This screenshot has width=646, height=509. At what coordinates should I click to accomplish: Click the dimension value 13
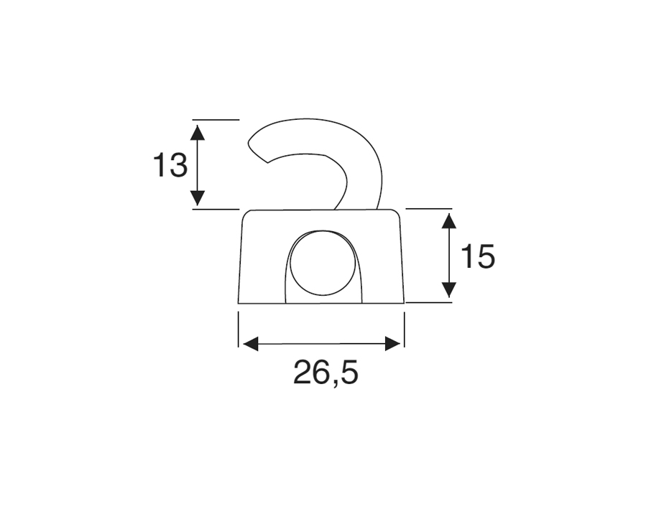point(170,166)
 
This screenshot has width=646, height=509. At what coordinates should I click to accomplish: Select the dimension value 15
point(477,256)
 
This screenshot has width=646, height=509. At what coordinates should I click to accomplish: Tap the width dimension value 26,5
point(325,373)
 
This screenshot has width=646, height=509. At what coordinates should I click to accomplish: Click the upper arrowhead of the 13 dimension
point(198,131)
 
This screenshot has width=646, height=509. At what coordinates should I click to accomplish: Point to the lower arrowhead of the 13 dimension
point(198,199)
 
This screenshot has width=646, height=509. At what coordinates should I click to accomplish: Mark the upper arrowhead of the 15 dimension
point(448,220)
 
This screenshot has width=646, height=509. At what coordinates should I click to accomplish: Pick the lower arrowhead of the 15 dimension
point(448,289)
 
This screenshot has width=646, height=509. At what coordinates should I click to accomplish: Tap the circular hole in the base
point(323,262)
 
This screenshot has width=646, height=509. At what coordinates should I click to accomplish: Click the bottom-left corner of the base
point(239,302)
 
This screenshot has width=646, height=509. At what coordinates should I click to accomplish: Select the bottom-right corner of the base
point(404,302)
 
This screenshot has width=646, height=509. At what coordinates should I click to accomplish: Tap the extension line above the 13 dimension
point(216,119)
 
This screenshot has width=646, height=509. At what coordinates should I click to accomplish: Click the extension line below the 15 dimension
point(429,302)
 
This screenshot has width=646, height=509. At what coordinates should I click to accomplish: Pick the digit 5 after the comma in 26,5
point(348,373)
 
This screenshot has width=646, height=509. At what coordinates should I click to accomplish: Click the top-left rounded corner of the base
point(246,214)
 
